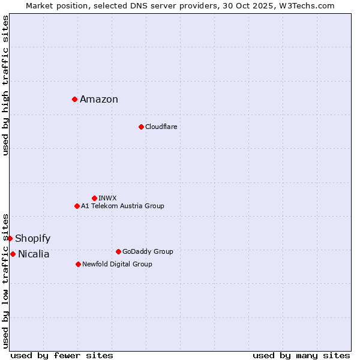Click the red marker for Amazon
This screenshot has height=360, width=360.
pos(74,99)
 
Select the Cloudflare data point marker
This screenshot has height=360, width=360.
pos(141,127)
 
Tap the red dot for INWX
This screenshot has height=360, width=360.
pos(94,198)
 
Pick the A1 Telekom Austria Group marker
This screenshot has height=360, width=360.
pos(77,206)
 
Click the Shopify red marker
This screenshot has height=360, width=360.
pos(10,238)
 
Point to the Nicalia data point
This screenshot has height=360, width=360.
pos(13,254)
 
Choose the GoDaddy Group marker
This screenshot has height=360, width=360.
pos(118,251)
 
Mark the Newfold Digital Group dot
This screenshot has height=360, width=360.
pos(78,264)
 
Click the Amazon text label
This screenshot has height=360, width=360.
pos(99,100)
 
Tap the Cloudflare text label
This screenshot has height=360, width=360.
pos(161,127)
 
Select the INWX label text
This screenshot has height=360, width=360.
pos(107,198)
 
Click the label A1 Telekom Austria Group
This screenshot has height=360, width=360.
pos(122,206)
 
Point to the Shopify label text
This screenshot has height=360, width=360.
pos(32,239)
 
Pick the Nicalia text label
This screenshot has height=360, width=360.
pos(34,254)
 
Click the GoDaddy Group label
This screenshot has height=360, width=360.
pos(148,251)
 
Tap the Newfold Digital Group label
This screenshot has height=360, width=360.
pos(117,264)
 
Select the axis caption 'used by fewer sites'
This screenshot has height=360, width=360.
pos(62,355)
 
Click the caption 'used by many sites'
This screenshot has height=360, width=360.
pos(301,355)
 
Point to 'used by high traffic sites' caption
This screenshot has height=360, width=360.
pos(5,85)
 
